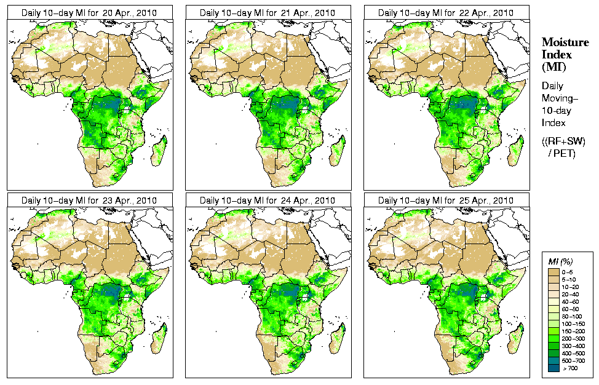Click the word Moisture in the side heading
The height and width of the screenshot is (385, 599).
click(562, 42)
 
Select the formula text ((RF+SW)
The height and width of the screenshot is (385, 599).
click(563, 141)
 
